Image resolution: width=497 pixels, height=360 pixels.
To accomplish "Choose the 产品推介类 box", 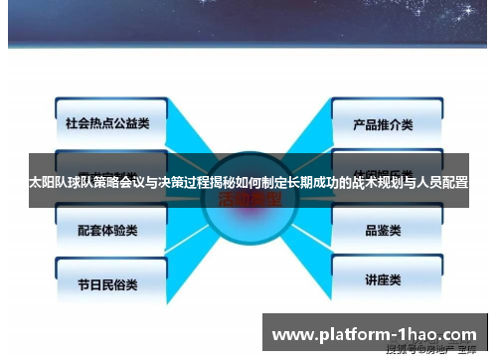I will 382,125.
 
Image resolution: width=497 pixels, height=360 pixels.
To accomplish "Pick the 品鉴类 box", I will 382,230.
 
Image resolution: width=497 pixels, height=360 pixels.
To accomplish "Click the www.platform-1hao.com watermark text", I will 374,333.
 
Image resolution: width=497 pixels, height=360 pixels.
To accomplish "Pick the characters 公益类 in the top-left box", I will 130,124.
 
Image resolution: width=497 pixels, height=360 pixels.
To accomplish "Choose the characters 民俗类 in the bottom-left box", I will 123,282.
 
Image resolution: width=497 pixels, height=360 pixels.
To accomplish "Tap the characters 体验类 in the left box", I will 123,229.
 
